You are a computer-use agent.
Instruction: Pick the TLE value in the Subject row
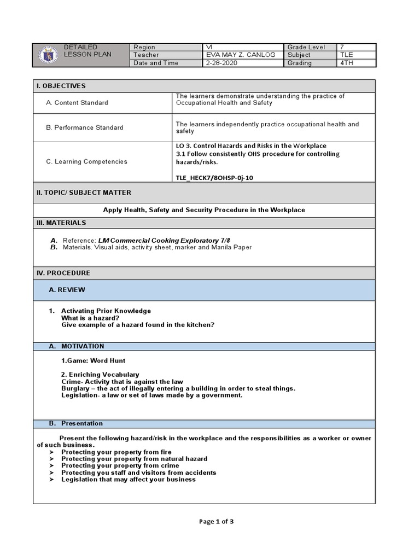[347, 55]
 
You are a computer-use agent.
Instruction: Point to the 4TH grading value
[348, 63]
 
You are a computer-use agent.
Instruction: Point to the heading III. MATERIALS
[61, 223]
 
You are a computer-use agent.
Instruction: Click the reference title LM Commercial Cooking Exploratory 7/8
[160, 240]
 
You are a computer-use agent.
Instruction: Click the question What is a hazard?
[90, 318]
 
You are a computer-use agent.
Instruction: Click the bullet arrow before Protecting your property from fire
[51, 452]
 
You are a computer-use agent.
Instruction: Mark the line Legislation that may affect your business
[128, 480]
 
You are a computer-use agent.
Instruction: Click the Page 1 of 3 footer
[216, 521]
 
